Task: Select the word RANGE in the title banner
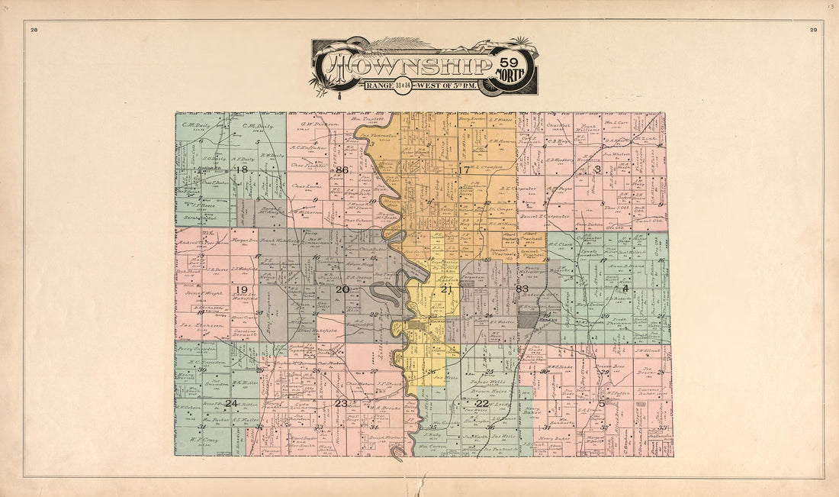379,85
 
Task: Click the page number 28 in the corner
34,30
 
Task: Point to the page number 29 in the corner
813,30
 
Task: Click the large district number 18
242,169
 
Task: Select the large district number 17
464,169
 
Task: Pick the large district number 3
598,169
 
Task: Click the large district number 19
242,289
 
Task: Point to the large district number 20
342,289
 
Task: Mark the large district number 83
522,289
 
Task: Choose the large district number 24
231,403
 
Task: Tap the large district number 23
341,403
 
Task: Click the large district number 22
482,403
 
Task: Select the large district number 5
602,402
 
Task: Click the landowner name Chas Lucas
305,186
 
